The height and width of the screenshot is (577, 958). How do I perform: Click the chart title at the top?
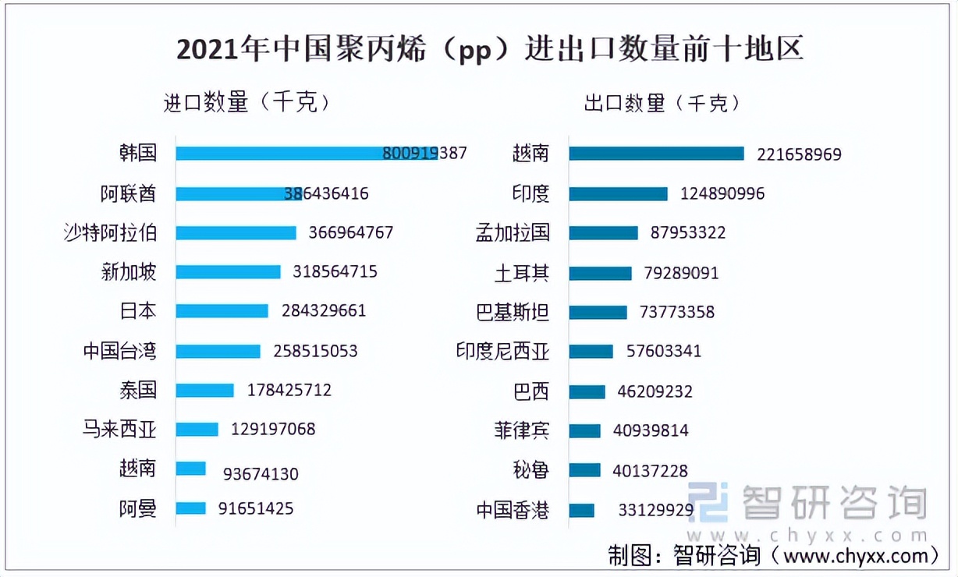pos(489,50)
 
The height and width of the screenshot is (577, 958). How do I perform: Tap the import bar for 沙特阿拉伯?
pos(236,232)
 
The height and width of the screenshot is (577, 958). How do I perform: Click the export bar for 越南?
pos(656,154)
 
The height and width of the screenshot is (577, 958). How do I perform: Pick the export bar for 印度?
pos(618,193)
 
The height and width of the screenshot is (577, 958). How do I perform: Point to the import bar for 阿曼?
pos(190,508)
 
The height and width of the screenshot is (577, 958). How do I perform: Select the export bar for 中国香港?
pos(581,511)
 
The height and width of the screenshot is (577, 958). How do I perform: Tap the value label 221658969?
pos(799,154)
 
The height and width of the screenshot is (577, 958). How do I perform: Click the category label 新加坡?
pos(129,271)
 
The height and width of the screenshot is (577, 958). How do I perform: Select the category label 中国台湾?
pos(119,351)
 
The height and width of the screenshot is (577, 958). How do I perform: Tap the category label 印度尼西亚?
pos(502,352)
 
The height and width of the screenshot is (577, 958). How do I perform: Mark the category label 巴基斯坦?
pos(512,312)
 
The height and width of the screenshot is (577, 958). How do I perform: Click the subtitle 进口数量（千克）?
pos(247,102)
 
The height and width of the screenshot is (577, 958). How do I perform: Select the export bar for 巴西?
pos(587,391)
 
